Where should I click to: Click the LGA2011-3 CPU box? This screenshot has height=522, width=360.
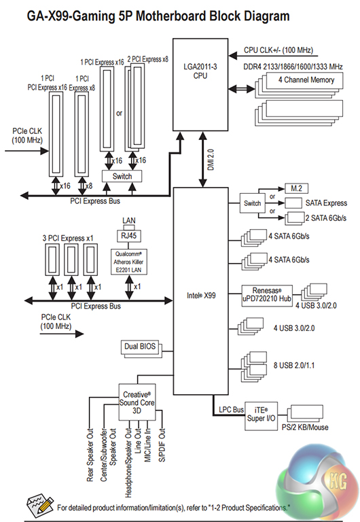pyautogui.click(x=200, y=84)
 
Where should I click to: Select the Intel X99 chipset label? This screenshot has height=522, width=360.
pyautogui.click(x=201, y=295)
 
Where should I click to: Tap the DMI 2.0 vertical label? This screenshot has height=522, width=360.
pyautogui.click(x=211, y=160)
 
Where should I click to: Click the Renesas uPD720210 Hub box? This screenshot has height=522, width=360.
pyautogui.click(x=267, y=295)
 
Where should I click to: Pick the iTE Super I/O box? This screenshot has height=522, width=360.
pyautogui.click(x=261, y=416)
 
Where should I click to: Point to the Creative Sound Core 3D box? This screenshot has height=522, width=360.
pyautogui.click(x=137, y=402)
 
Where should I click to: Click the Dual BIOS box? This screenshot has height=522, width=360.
pyautogui.click(x=140, y=347)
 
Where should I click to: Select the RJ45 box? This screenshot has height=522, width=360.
pyautogui.click(x=129, y=236)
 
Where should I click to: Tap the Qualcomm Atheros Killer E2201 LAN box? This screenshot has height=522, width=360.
pyautogui.click(x=129, y=262)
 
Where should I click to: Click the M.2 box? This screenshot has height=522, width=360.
pyautogui.click(x=296, y=188)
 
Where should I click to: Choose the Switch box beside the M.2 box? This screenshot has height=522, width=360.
pyautogui.click(x=252, y=203)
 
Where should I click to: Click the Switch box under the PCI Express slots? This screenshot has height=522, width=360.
pyautogui.click(x=122, y=177)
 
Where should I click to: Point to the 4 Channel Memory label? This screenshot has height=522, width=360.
pyautogui.click(x=306, y=80)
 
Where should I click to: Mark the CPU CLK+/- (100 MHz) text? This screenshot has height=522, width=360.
pyautogui.click(x=278, y=50)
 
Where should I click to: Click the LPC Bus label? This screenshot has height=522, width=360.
pyautogui.click(x=231, y=410)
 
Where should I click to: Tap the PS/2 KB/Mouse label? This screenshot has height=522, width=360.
pyautogui.click(x=305, y=427)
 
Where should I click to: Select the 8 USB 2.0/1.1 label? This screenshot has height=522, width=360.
pyautogui.click(x=294, y=366)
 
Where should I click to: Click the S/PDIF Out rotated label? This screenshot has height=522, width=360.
pyautogui.click(x=162, y=445)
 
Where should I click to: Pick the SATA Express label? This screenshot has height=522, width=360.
pyautogui.click(x=326, y=203)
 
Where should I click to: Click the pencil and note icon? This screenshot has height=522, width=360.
pyautogui.click(x=40, y=505)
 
